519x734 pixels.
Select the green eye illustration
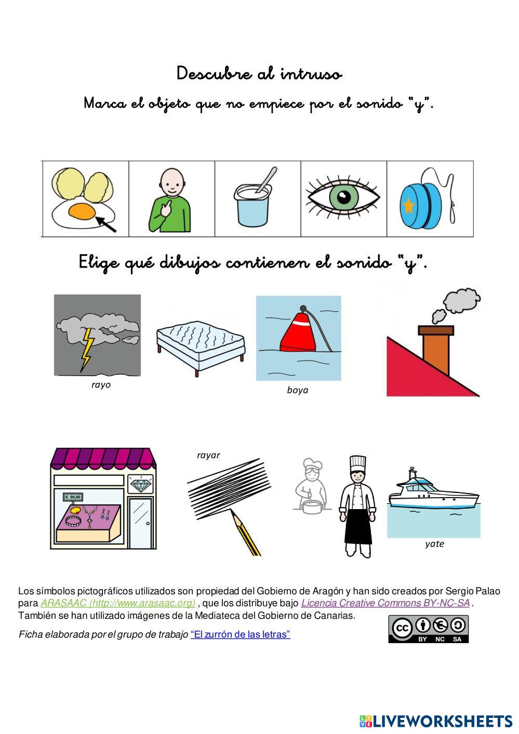pos(343,197)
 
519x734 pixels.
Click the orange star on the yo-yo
pos(408,206)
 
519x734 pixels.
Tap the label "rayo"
pos(101,385)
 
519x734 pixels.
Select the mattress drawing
pos(201,348)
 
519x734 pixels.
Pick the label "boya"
pos(298,390)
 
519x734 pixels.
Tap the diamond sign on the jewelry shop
pos(140,484)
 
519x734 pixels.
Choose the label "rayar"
pos(208,455)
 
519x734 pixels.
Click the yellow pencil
pos(245,532)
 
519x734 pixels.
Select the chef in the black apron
pos(357,506)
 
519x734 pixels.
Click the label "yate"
pos(434,544)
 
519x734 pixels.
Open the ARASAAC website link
pos(118,603)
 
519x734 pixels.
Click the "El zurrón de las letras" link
pos(241,634)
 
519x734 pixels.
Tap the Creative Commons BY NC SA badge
pos(429,629)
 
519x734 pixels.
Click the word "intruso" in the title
pos(311,74)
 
